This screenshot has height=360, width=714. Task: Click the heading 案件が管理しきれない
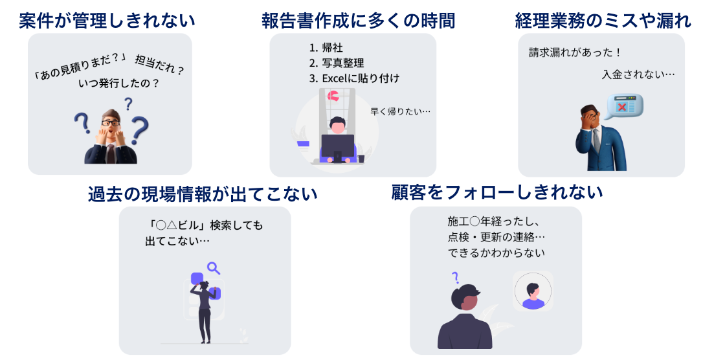(107, 21)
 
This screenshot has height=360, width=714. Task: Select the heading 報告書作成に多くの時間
(358, 21)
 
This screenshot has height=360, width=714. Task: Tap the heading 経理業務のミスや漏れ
(603, 21)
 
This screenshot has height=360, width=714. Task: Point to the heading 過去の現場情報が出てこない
(203, 194)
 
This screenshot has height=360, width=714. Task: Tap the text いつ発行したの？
(118, 84)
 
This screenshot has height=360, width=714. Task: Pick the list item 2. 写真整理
(337, 63)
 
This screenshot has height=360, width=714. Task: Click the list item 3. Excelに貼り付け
(354, 78)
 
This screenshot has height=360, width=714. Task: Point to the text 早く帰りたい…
(400, 111)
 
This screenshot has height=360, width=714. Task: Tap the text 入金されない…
(638, 74)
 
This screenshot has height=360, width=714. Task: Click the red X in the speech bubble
(623, 106)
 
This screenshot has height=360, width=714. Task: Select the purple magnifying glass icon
(213, 267)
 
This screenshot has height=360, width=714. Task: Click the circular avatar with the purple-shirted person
(533, 291)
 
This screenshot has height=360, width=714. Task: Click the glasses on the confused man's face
(110, 122)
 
